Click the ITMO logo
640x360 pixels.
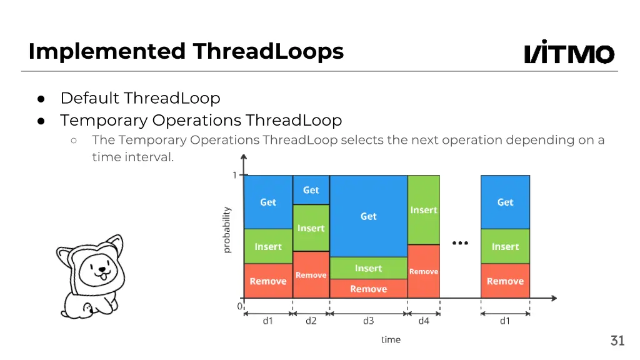click(x=569, y=52)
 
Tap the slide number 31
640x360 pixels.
click(x=617, y=341)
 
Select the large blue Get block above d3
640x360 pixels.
click(x=369, y=216)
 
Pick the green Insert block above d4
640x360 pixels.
click(x=424, y=210)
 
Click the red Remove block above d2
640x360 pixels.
click(x=311, y=274)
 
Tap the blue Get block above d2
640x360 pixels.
click(x=311, y=190)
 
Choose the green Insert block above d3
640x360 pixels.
click(x=369, y=268)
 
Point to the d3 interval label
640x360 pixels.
click(x=369, y=321)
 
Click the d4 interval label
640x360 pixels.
click(x=424, y=321)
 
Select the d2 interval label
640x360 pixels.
click(x=311, y=321)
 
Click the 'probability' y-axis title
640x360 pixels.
click(x=227, y=230)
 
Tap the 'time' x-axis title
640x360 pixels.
click(x=391, y=340)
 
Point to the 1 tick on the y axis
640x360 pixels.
click(x=235, y=176)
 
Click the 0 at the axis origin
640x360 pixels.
click(x=239, y=307)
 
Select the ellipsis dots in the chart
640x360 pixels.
click(x=460, y=243)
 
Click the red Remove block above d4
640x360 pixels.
click(x=424, y=271)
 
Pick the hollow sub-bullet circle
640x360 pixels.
click(x=74, y=141)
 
